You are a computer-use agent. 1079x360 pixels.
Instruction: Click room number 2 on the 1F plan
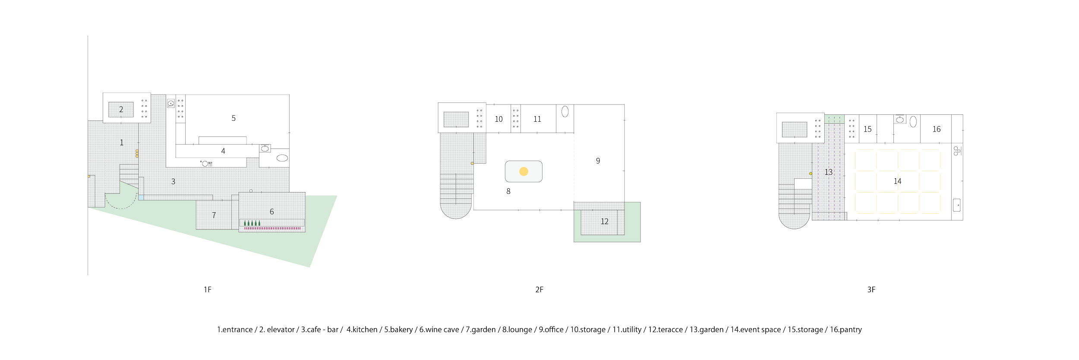121,110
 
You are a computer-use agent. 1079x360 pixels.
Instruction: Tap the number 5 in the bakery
233,118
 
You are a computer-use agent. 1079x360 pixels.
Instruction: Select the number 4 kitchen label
223,151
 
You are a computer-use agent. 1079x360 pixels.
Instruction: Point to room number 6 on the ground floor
271,212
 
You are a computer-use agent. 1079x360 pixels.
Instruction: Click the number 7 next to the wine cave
214,215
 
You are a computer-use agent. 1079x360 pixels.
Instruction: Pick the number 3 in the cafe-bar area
173,182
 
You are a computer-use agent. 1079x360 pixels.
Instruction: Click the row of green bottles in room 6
252,223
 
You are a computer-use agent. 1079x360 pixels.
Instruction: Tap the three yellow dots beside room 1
137,153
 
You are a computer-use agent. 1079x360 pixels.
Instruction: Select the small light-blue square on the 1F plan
141,197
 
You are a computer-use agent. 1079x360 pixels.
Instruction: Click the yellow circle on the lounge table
524,171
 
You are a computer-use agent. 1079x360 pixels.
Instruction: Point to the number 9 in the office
598,161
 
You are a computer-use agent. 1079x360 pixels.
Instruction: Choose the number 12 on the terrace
604,221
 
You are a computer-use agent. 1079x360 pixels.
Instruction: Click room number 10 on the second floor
498,119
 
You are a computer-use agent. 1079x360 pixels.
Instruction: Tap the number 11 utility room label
537,120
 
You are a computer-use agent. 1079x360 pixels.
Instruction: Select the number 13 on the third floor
828,172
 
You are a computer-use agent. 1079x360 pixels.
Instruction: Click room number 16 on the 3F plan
936,129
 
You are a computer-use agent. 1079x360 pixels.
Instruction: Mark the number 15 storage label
868,129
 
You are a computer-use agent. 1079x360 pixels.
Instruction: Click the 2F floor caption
539,290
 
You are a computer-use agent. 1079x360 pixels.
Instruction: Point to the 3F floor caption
871,290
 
